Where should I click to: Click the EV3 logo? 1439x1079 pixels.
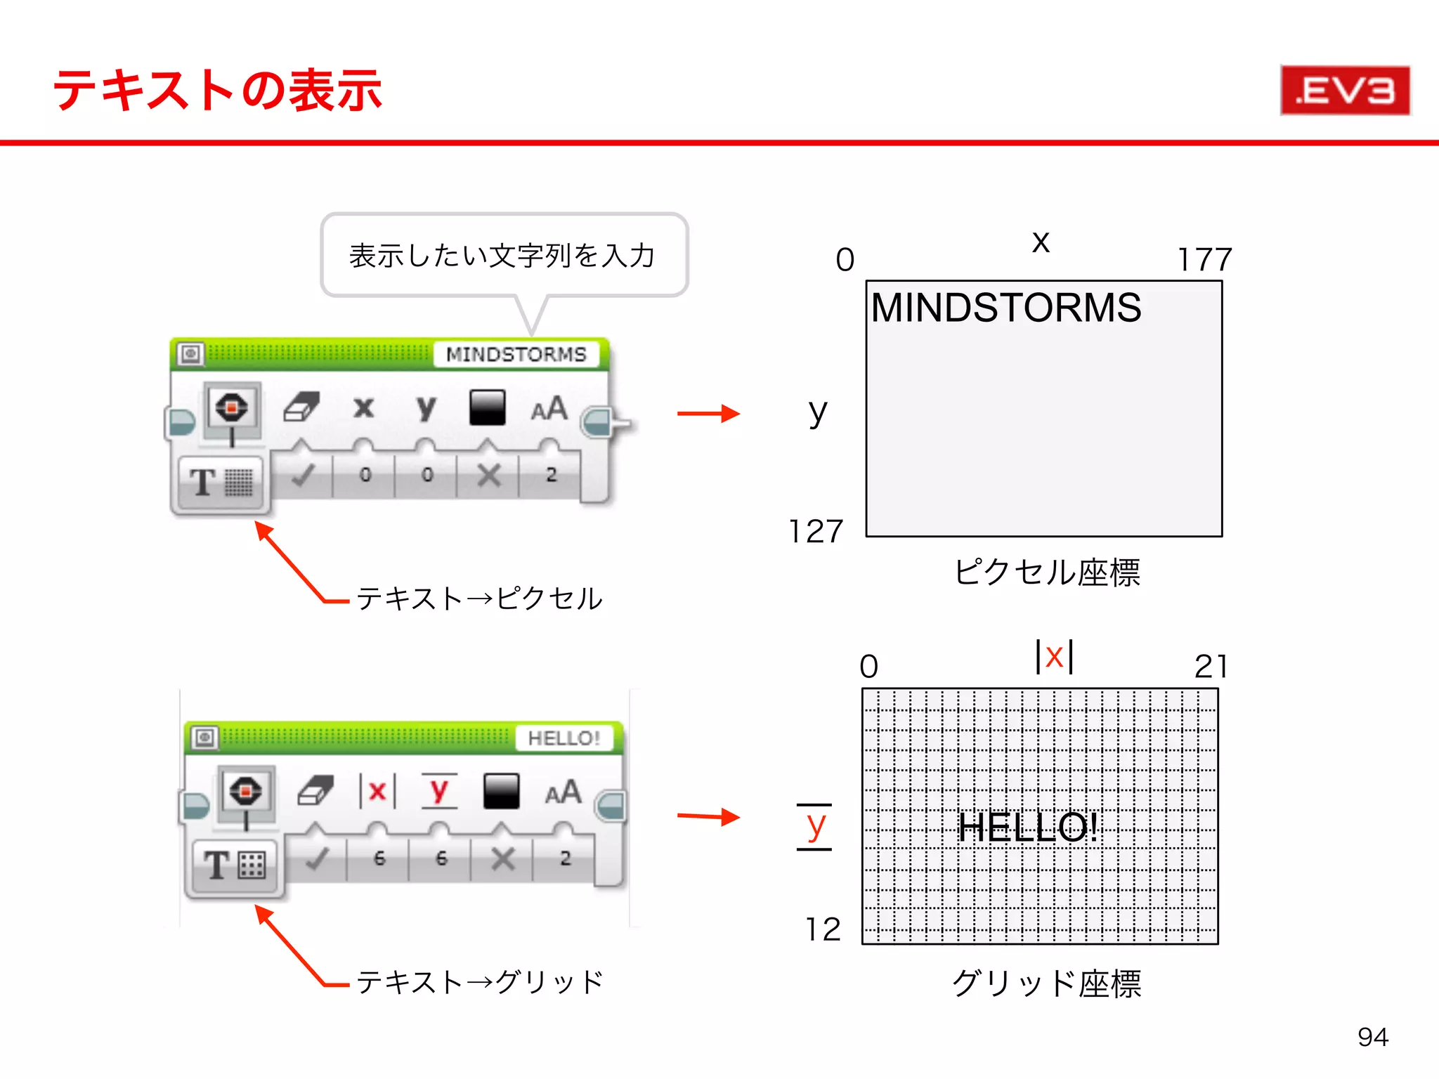(1345, 90)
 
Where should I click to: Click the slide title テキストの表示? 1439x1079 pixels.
(217, 91)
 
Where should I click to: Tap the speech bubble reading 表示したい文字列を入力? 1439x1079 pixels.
(503, 255)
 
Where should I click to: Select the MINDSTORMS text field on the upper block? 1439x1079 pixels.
(516, 354)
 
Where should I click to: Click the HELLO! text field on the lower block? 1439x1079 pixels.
(564, 738)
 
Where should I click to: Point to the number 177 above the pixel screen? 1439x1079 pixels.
(1204, 260)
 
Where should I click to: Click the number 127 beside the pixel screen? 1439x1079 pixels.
(815, 531)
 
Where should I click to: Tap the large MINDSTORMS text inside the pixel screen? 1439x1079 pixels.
(1006, 308)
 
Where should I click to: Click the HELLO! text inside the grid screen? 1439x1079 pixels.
(1027, 827)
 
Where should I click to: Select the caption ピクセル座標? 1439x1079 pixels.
(1046, 572)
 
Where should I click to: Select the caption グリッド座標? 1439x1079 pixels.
(1046, 983)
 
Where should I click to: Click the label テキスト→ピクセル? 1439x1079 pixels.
(479, 599)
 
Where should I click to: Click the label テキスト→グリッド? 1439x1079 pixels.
(479, 981)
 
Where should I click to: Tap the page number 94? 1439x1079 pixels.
(1372, 1037)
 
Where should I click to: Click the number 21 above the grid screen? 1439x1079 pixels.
(1211, 666)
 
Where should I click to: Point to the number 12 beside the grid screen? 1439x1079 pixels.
(822, 929)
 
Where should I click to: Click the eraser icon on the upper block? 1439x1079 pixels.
(302, 407)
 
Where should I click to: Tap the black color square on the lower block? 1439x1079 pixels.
(501, 791)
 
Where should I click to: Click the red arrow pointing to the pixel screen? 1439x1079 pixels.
(708, 414)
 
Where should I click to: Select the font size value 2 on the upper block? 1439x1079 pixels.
(551, 475)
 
